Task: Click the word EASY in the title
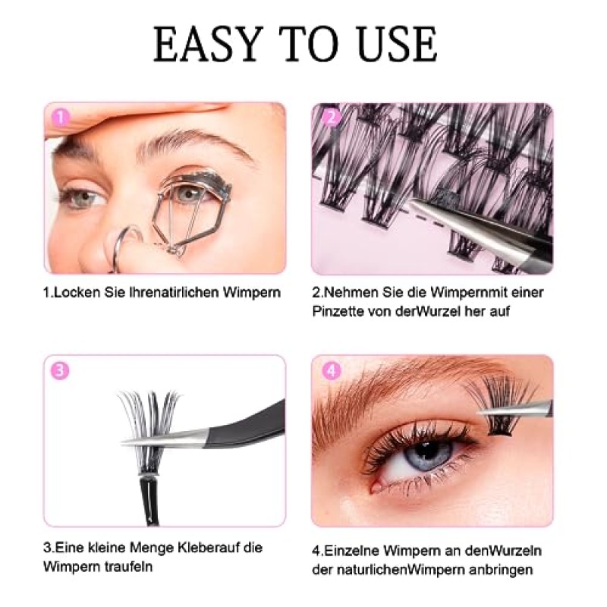(209, 44)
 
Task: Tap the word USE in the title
(397, 44)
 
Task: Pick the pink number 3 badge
(60, 371)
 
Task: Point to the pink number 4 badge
(332, 371)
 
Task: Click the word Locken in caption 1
(77, 292)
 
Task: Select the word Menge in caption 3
(151, 548)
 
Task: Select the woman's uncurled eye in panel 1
(83, 197)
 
